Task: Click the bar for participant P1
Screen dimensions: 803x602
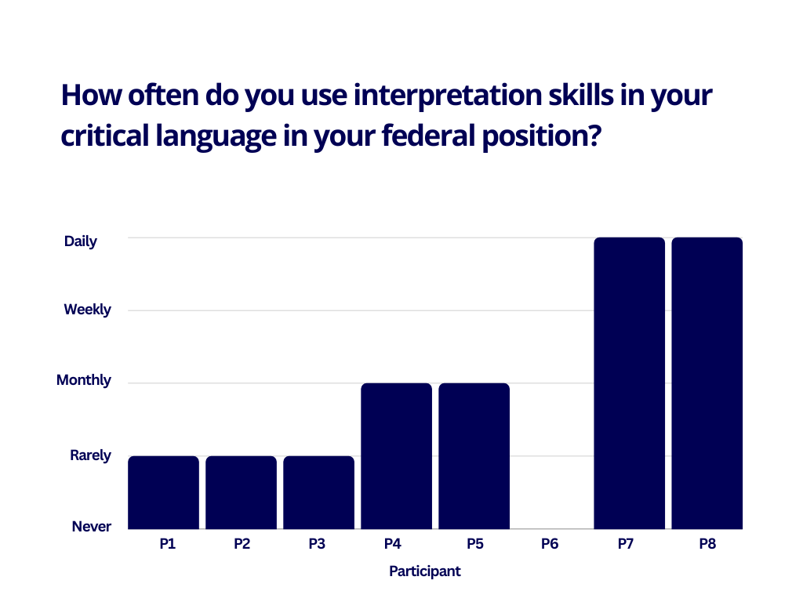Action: (x=163, y=492)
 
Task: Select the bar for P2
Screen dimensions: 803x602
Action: (x=242, y=492)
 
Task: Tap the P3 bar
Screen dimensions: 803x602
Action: (x=318, y=492)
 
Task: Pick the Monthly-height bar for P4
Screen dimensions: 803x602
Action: (x=396, y=456)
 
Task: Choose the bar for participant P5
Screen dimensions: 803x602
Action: (x=474, y=456)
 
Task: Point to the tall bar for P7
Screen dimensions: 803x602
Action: (x=630, y=383)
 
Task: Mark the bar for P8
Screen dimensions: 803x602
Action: (x=707, y=383)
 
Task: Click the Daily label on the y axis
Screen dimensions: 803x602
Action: (x=81, y=241)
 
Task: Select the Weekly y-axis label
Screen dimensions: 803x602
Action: (x=88, y=310)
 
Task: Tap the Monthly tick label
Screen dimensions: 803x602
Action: (x=84, y=380)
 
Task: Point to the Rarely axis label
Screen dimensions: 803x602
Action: (x=91, y=455)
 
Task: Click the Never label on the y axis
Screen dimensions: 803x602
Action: (x=92, y=526)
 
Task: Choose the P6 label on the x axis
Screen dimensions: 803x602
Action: (x=550, y=544)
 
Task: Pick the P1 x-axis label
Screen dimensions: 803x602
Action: (x=168, y=544)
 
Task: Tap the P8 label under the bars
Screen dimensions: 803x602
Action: (x=708, y=544)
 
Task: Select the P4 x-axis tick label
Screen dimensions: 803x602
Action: (x=393, y=544)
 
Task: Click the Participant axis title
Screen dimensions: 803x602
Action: (x=425, y=571)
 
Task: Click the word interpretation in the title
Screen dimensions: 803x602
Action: (x=448, y=95)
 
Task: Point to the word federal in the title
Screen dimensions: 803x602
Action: (x=429, y=136)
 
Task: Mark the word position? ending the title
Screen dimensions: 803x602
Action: (x=542, y=137)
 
